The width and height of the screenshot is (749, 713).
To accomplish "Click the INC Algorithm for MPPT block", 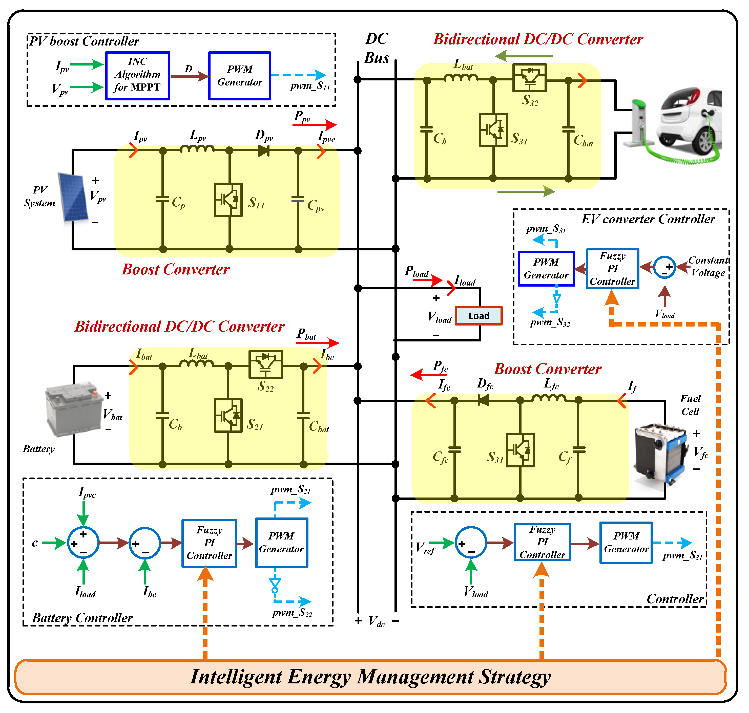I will (x=138, y=76).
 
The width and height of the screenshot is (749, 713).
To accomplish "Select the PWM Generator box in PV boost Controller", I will (x=240, y=76).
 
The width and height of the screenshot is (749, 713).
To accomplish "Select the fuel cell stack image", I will (x=660, y=454).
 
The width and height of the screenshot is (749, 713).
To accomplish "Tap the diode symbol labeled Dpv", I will (x=263, y=150).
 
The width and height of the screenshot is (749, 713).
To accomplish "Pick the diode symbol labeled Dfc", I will (x=483, y=400).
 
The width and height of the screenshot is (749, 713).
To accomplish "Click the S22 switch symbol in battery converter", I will (x=265, y=364).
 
